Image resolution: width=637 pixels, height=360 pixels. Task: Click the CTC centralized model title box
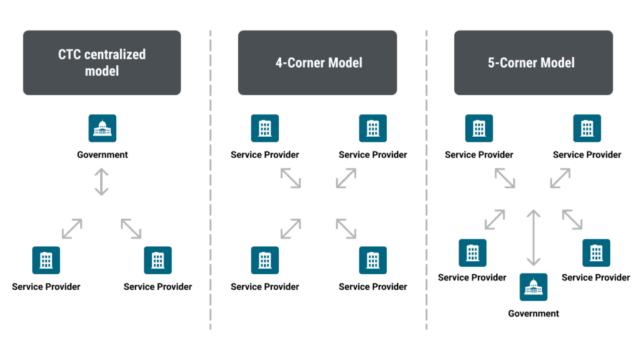(x=102, y=63)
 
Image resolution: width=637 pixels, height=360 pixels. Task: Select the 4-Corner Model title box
(x=317, y=63)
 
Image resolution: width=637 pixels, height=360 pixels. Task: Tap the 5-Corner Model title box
(x=533, y=63)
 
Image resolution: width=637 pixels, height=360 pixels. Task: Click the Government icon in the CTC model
(x=102, y=128)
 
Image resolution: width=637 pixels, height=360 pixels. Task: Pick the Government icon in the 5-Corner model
(x=533, y=287)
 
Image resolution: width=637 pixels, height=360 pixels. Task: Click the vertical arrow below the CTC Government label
(x=101, y=182)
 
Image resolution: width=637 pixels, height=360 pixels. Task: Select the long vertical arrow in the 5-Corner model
(x=533, y=238)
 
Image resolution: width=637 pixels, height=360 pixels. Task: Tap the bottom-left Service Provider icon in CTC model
(x=46, y=261)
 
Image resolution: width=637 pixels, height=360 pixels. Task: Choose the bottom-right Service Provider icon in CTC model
(x=158, y=261)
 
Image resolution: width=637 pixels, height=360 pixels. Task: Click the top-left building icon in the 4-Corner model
(x=265, y=128)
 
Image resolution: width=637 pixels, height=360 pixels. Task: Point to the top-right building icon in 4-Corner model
(x=373, y=128)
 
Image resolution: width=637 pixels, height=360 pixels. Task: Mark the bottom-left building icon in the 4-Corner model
(x=265, y=261)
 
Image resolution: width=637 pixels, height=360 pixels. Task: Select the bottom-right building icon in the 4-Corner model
(x=373, y=261)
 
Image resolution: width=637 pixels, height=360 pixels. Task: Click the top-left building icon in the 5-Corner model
(x=479, y=128)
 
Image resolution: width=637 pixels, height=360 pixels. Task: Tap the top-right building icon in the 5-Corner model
(x=587, y=128)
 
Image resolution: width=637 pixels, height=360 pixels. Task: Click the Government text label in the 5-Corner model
(x=533, y=313)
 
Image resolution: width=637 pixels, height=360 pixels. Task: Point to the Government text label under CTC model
(x=102, y=155)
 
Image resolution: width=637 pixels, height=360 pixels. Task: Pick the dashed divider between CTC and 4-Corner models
(x=210, y=187)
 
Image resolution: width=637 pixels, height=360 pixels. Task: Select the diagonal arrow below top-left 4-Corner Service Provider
(x=291, y=178)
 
